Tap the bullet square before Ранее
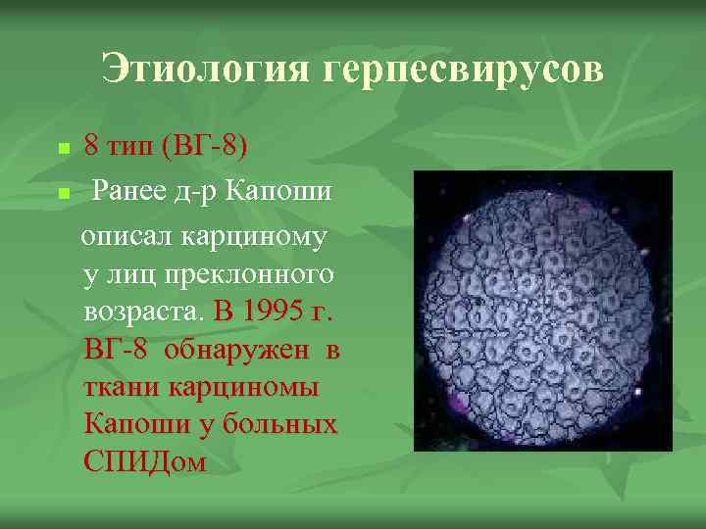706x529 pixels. tap(64, 194)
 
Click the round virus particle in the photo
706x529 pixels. tap(542, 310)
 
